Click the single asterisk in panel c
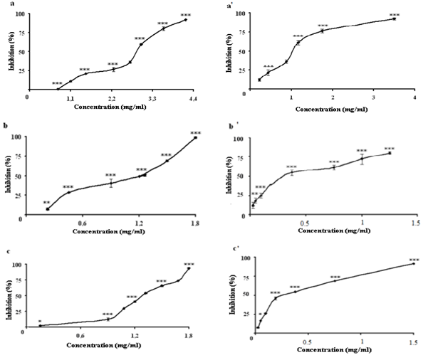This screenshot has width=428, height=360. [x=40, y=321]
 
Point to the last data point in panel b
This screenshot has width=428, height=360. [x=195, y=137]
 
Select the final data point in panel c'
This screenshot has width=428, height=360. [x=414, y=264]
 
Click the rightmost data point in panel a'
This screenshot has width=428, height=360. [x=394, y=19]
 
